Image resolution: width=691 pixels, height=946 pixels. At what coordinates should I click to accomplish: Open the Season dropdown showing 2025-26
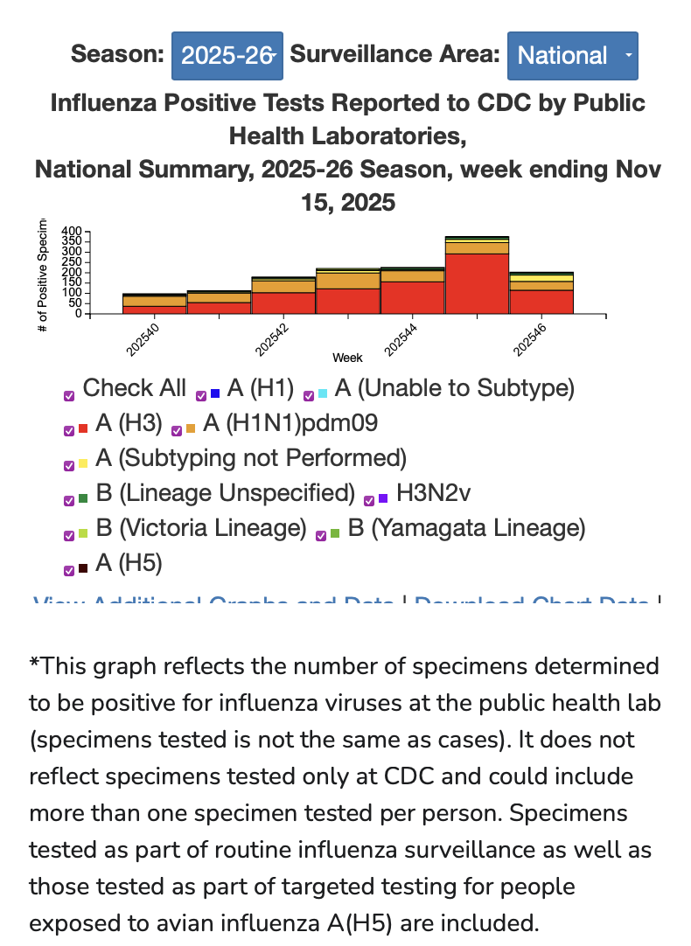click(227, 56)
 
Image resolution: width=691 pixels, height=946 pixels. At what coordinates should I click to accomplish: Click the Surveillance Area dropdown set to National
click(572, 56)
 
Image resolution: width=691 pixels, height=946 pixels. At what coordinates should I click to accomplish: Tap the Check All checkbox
click(69, 395)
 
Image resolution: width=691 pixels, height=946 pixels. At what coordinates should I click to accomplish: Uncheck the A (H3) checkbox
click(69, 430)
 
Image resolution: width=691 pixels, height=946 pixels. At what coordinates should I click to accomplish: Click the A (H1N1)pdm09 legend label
click(290, 424)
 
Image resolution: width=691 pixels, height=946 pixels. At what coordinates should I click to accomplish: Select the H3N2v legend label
click(433, 494)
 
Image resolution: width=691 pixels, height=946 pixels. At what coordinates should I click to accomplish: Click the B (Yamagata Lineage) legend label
click(466, 528)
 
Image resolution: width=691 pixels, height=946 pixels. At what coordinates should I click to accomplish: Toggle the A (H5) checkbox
click(69, 570)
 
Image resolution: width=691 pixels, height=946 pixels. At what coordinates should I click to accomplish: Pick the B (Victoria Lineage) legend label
click(200, 528)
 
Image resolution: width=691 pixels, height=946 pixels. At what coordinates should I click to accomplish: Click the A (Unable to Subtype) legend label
click(455, 388)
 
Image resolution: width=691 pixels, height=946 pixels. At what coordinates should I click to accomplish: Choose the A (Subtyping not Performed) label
click(251, 458)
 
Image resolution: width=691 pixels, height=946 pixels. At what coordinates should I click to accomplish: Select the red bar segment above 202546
click(541, 301)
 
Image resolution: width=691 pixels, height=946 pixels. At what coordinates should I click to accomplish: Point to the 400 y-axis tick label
click(72, 232)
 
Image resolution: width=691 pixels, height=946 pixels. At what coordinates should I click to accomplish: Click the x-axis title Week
click(347, 358)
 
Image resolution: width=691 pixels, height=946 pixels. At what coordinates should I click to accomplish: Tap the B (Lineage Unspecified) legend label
click(225, 494)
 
